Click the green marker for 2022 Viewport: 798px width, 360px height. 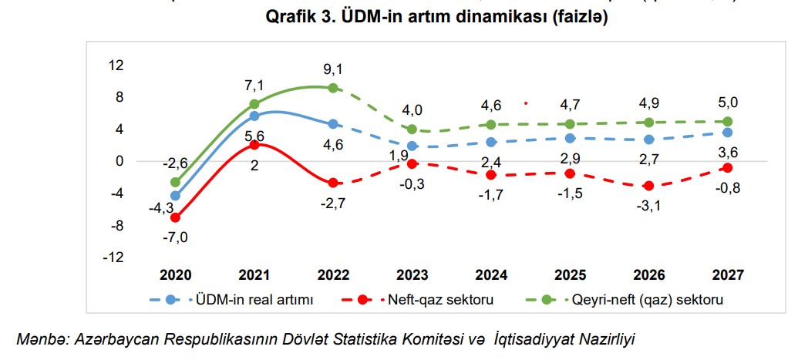pyautogui.click(x=333, y=88)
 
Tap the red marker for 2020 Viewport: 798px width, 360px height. pyautogui.click(x=175, y=217)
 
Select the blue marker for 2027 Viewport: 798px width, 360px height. pyautogui.click(x=727, y=133)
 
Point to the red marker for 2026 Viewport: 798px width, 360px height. pyautogui.click(x=648, y=186)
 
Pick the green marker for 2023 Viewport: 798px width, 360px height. pyautogui.click(x=412, y=130)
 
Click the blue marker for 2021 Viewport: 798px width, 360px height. pyautogui.click(x=254, y=116)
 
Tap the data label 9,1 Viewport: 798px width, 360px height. pyautogui.click(x=333, y=69)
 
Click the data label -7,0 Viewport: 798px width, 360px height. pyautogui.click(x=176, y=237)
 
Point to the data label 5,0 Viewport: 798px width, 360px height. pyautogui.click(x=729, y=102)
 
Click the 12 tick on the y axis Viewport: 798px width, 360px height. pyautogui.click(x=116, y=66)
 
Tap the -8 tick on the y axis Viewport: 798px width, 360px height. pyautogui.click(x=116, y=225)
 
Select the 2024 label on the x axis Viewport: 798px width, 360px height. pyautogui.click(x=490, y=275)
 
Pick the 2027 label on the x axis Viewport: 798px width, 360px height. pyautogui.click(x=727, y=275)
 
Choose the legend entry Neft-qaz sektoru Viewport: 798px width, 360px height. pyautogui.click(x=440, y=299)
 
